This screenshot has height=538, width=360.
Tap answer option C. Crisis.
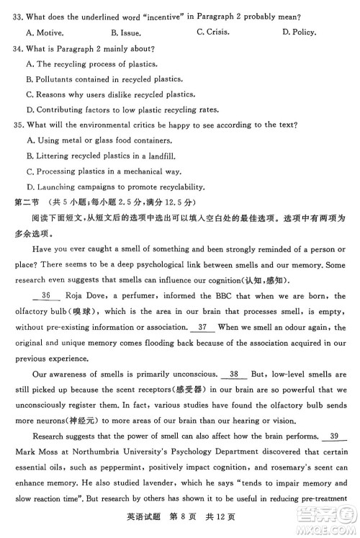click(212, 32)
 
